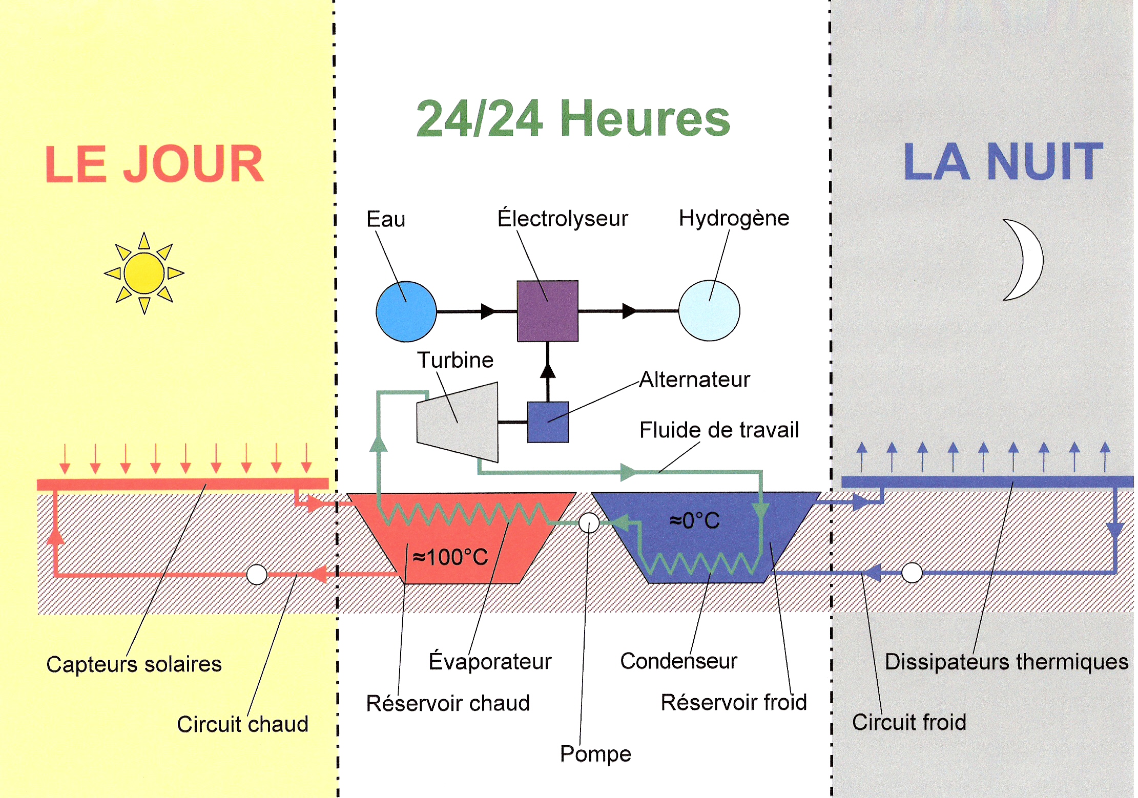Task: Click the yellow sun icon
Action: (x=144, y=273)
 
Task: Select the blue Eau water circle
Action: (x=406, y=311)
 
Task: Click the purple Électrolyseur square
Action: (x=548, y=311)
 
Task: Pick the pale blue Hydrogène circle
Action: (x=709, y=310)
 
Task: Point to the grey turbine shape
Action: (x=458, y=422)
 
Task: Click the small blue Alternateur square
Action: (x=548, y=422)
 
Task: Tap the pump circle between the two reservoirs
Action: (x=589, y=523)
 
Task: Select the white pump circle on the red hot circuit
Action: (x=257, y=575)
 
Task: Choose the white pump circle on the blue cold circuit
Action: (x=912, y=573)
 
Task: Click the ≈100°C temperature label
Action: (x=450, y=557)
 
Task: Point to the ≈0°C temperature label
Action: (x=695, y=520)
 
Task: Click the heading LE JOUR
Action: (x=154, y=164)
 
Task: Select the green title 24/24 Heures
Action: (x=573, y=118)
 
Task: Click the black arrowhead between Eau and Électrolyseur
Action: (x=488, y=311)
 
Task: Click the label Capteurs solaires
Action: (x=134, y=664)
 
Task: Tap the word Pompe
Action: (x=595, y=754)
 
